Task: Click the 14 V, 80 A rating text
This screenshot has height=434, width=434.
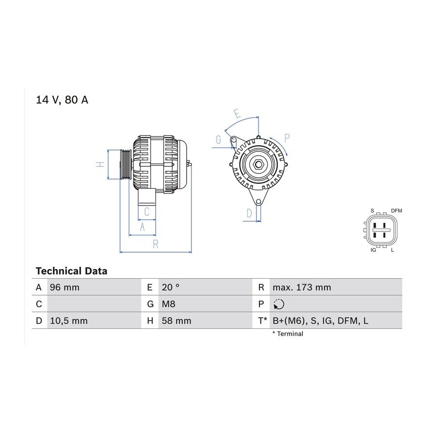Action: tap(62, 100)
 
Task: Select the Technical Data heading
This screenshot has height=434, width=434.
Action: tap(71, 271)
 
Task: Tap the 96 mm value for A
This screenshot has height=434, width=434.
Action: tap(65, 287)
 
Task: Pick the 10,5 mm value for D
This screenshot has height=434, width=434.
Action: tap(68, 321)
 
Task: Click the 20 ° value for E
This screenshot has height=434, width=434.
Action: tap(171, 287)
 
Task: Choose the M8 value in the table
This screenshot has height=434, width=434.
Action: tap(169, 304)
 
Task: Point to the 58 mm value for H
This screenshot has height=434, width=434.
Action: tap(176, 321)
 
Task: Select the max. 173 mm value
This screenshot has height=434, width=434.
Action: tap(302, 287)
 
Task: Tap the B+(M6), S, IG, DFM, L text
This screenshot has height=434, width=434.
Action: tap(321, 321)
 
